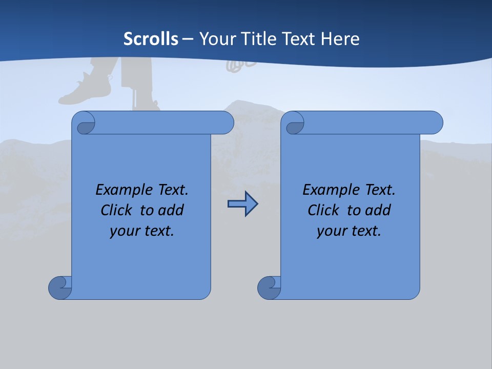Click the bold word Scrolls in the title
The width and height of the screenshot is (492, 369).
tap(151, 38)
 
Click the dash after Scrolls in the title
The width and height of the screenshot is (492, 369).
tap(188, 39)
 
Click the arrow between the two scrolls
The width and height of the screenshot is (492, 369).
tap(242, 204)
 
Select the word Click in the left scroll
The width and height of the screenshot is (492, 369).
tap(118, 210)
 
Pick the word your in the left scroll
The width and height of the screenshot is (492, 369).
tap(124, 231)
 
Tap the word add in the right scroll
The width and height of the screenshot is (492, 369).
tap(378, 210)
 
